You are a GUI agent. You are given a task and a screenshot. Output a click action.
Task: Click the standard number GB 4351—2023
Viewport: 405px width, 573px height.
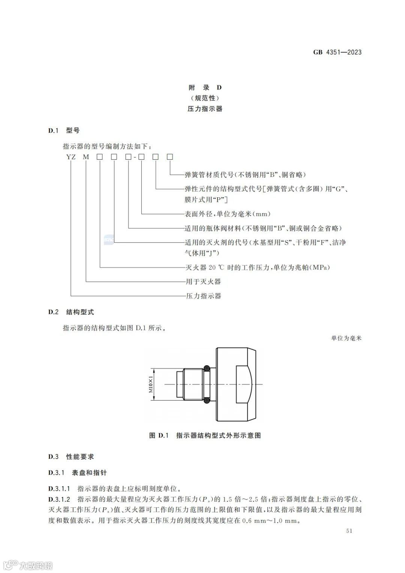coord(337,52)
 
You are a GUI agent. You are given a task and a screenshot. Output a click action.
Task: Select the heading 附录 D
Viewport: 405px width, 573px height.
coord(205,88)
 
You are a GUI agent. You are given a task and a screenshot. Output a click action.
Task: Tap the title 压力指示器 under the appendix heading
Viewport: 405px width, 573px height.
coord(205,109)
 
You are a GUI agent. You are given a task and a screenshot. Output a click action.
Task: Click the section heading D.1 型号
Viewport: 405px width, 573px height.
coord(64,130)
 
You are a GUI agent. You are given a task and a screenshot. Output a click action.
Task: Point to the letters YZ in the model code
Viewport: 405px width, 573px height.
coord(71,157)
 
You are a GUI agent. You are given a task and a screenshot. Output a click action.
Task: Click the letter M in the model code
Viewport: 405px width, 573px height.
coord(86,157)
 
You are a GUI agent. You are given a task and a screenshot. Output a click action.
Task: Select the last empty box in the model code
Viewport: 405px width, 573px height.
coord(170,157)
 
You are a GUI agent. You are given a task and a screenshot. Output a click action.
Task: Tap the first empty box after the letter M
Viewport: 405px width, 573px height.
coord(100,157)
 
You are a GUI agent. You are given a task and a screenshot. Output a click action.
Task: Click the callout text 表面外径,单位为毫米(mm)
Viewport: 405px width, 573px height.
coord(228,214)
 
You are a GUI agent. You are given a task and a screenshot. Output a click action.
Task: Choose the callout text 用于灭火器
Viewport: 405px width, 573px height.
coord(203,282)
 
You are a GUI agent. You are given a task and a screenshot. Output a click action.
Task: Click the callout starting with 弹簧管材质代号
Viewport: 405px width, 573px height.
coord(245,175)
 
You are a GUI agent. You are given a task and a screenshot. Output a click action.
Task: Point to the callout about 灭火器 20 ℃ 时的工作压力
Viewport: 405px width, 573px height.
coord(258,267)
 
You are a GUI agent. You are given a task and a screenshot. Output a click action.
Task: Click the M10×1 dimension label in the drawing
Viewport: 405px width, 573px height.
coord(151,384)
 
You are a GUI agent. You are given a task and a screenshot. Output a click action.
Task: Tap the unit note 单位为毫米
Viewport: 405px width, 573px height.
coord(346,338)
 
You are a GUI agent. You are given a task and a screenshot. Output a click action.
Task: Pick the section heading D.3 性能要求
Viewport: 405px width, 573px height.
coord(71,457)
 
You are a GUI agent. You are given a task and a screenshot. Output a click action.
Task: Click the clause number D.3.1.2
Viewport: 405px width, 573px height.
coord(59,499)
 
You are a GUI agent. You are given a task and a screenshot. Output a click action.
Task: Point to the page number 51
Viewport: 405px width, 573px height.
coord(349,531)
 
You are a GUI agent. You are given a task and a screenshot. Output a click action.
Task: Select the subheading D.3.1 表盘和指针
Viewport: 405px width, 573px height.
coord(77,472)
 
